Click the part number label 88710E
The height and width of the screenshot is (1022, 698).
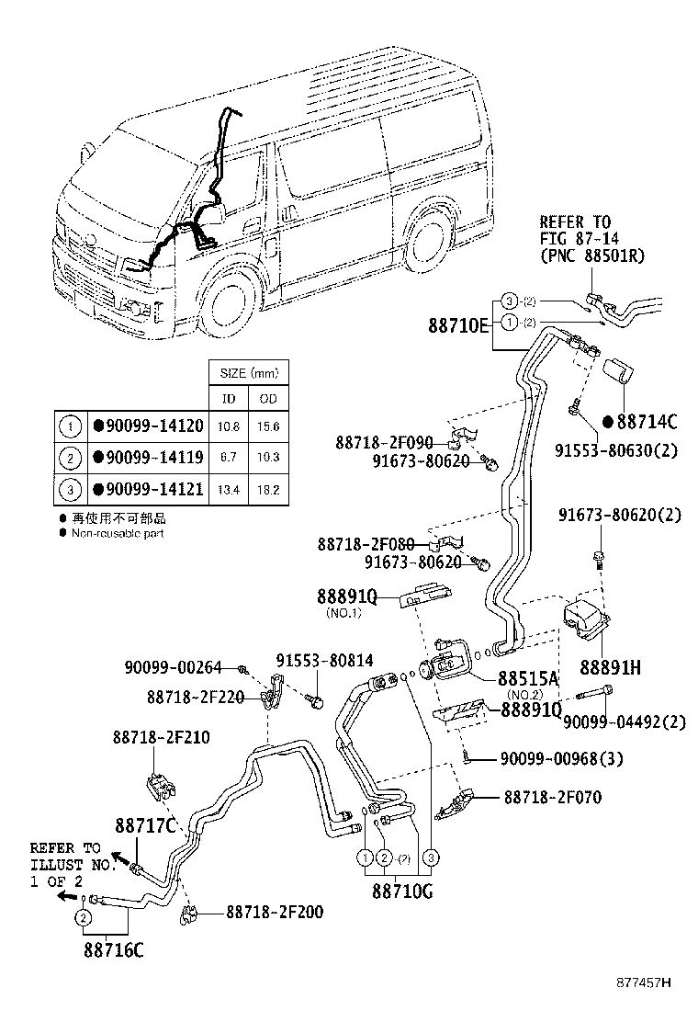[459, 324]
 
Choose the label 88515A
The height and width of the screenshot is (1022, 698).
[528, 679]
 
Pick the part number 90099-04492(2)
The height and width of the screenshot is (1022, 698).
[624, 721]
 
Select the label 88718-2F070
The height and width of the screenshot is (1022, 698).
[552, 798]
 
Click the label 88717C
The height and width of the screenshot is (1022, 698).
[145, 824]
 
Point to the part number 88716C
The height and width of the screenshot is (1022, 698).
[114, 949]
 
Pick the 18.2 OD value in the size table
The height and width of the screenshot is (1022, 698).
[268, 489]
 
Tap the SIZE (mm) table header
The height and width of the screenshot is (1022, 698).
[248, 374]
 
